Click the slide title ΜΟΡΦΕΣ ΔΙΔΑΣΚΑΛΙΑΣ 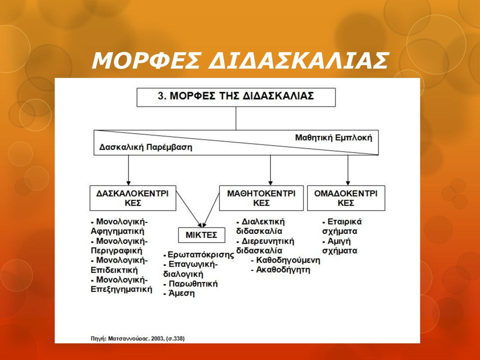click(x=240, y=60)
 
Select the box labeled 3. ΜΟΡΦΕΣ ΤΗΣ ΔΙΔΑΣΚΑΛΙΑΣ click(x=236, y=97)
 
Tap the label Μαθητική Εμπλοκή click(x=333, y=137)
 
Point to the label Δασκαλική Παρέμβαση click(x=145, y=147)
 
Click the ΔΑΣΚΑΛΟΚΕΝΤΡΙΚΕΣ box click(x=133, y=198)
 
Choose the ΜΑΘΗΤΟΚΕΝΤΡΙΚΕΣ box click(x=261, y=198)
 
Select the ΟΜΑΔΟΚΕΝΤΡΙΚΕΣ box click(x=346, y=198)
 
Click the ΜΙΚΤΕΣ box click(x=201, y=235)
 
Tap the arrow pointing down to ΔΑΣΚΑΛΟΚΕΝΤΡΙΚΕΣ click(x=128, y=170)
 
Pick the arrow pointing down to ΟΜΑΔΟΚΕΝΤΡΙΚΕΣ click(x=348, y=170)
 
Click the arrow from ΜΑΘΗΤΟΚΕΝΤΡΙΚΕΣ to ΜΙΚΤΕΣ click(x=211, y=210)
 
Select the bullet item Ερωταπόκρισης click(x=199, y=254)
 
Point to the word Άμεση click(x=181, y=293)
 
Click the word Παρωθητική click(x=193, y=284)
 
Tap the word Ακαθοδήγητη click(x=283, y=270)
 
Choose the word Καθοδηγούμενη click(x=288, y=260)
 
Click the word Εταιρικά click(x=344, y=221)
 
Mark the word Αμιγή click(x=339, y=241)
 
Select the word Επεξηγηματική click(x=121, y=289)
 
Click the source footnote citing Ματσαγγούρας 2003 click(x=138, y=338)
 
